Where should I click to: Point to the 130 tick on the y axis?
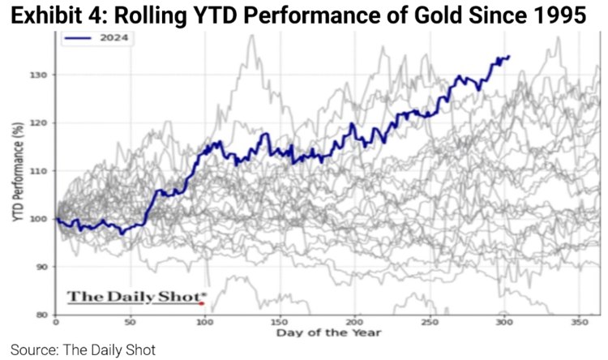tap(41, 75)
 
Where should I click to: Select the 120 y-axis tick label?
tap(41, 122)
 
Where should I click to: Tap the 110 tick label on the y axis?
tap(41, 170)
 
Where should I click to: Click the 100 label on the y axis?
tap(41, 219)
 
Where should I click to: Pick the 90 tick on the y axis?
tap(43, 267)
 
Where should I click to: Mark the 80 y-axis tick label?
tap(43, 315)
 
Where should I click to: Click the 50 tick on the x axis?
tap(130, 322)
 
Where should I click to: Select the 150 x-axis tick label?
tap(280, 322)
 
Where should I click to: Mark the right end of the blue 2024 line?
tap(508, 57)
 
